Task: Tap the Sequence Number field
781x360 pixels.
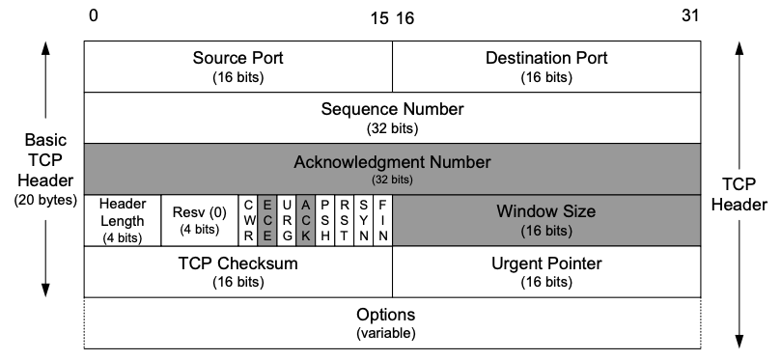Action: tap(392, 116)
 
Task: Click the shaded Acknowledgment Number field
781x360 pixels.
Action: tap(392, 168)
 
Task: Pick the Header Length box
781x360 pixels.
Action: tap(122, 220)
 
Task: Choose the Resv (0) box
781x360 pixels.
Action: tap(199, 220)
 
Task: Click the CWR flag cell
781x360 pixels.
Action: tap(248, 220)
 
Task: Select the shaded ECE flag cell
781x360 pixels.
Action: tap(267, 220)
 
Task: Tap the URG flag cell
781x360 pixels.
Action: tap(286, 220)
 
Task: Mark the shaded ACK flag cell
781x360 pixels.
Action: tap(305, 220)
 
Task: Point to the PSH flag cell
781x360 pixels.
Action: tap(324, 220)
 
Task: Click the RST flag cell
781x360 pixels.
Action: tap(344, 220)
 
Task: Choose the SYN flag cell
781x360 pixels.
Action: tap(363, 220)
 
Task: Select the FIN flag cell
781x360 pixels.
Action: tap(382, 220)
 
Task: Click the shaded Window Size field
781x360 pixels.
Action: tap(545, 220)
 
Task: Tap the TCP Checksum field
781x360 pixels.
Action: tap(237, 271)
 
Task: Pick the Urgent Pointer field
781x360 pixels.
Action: tap(545, 271)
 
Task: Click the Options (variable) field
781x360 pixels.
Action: tap(392, 322)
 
